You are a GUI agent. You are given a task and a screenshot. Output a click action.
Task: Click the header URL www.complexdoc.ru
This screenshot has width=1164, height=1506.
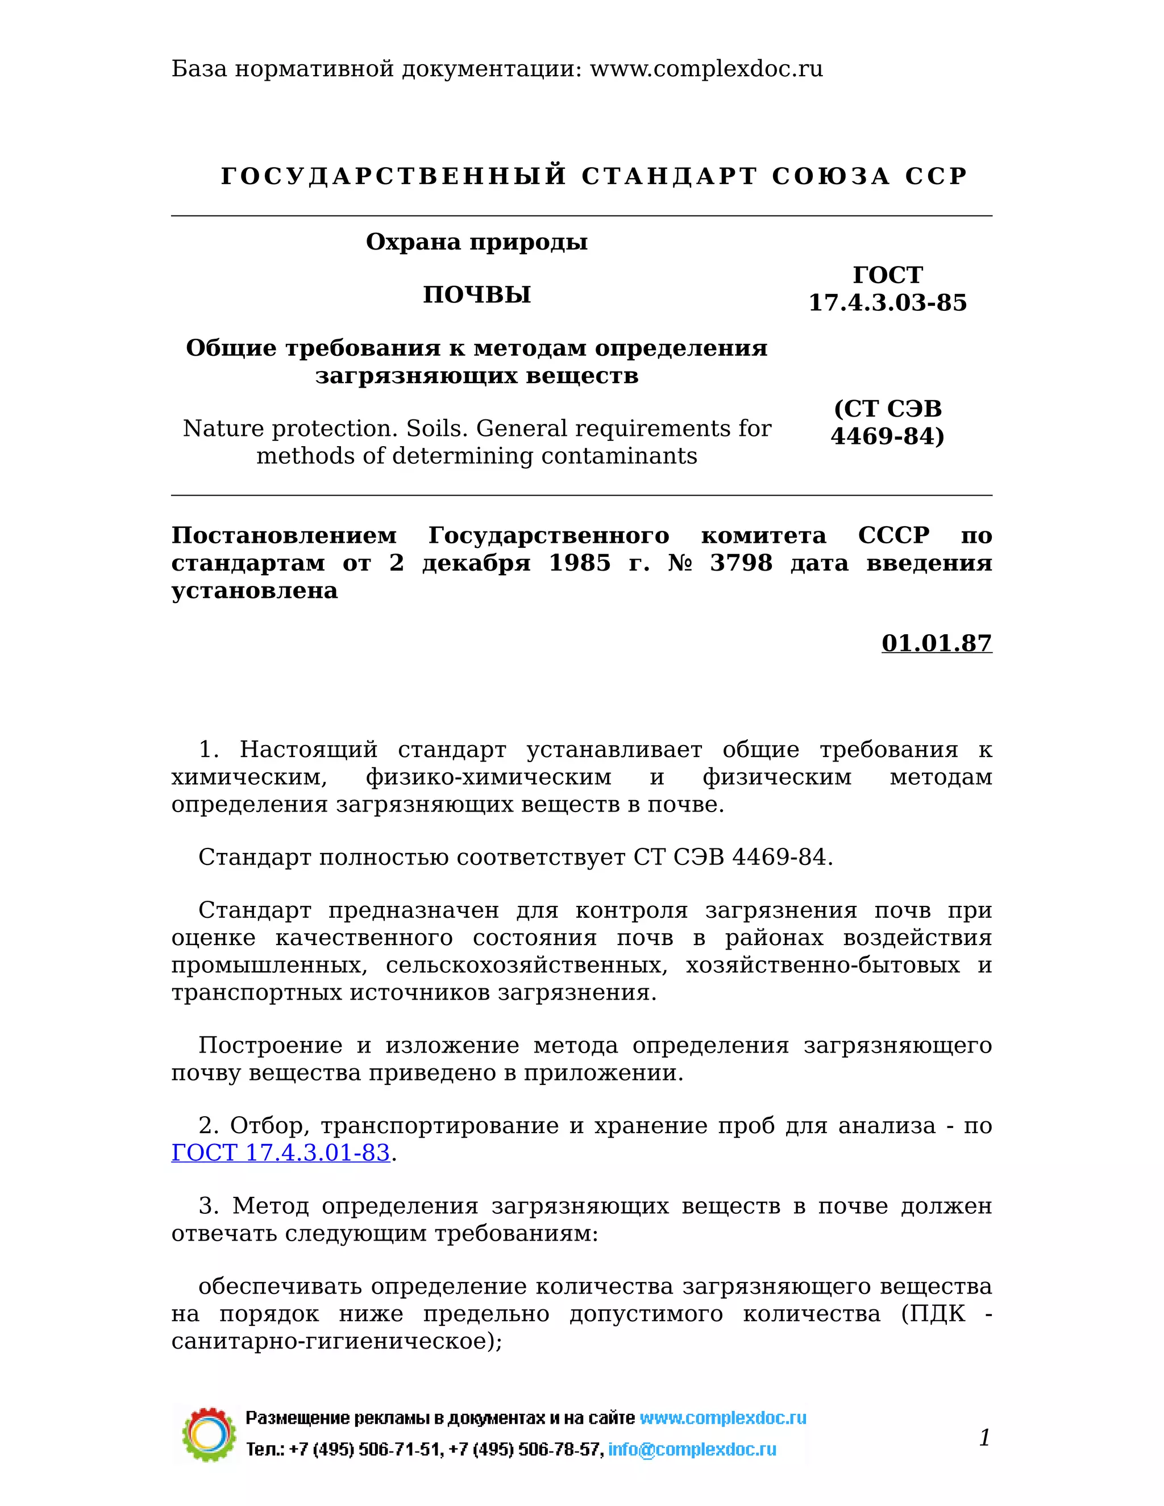pyautogui.click(x=706, y=69)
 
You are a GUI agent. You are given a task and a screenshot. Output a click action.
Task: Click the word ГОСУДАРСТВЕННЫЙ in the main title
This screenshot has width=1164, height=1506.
pyautogui.click(x=393, y=177)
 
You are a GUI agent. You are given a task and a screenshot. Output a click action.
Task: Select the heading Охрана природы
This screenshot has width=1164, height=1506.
pyautogui.click(x=476, y=242)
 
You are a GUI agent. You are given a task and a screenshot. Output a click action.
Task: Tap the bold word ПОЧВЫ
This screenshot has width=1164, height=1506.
pyautogui.click(x=476, y=295)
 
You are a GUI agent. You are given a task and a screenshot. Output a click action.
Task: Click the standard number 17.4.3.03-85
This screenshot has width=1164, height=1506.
pyautogui.click(x=887, y=303)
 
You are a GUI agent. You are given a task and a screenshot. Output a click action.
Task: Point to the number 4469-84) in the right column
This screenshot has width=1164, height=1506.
pyautogui.click(x=887, y=436)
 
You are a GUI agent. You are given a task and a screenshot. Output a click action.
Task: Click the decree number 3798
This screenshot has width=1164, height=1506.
pyautogui.click(x=741, y=563)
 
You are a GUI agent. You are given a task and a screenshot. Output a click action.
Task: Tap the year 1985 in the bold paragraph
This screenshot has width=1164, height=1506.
pyautogui.click(x=579, y=563)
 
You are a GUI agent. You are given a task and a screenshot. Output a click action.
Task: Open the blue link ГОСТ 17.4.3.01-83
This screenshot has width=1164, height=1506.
pyautogui.click(x=281, y=1153)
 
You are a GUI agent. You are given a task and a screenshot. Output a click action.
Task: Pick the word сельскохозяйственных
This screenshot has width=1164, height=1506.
pyautogui.click(x=526, y=966)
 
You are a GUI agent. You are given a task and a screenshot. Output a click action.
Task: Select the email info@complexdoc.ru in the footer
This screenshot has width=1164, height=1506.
pyautogui.click(x=692, y=1450)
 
